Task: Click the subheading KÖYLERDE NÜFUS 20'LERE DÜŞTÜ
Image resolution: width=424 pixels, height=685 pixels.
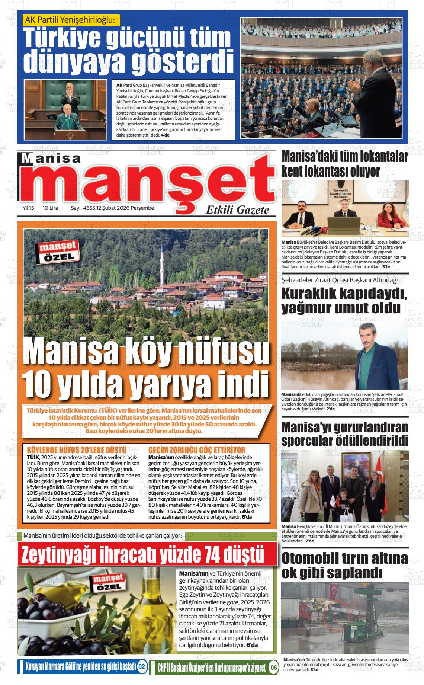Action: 77,450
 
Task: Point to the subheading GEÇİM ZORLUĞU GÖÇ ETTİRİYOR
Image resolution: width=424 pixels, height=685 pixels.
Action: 197,450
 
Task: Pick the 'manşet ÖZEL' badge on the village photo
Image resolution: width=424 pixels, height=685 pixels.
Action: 57,252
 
